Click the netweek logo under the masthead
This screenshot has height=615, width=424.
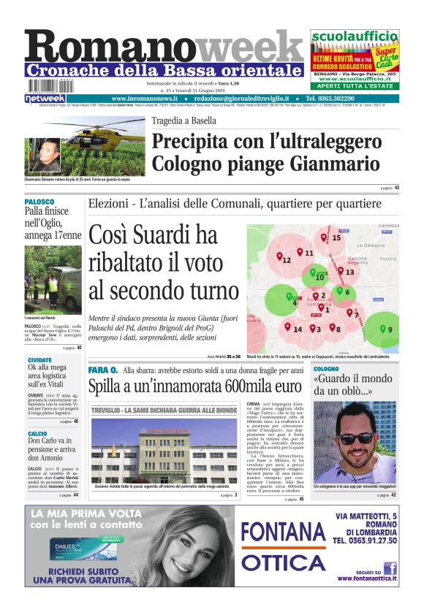45,98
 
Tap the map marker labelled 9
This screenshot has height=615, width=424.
383,327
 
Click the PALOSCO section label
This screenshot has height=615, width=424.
39,201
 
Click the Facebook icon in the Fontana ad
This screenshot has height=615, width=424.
390,568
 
